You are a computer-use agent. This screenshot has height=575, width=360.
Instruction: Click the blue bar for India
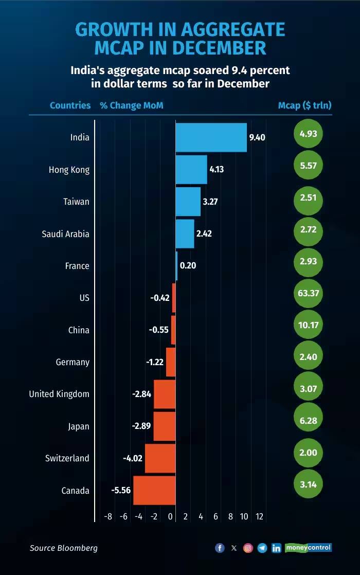pos(211,137)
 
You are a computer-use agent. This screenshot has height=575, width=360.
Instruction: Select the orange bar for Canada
pos(154,490)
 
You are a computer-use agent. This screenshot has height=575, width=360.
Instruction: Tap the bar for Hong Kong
pos(191,169)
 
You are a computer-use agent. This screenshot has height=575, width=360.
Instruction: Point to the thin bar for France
pos(176,266)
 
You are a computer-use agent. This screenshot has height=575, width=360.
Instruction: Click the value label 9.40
pos(257,137)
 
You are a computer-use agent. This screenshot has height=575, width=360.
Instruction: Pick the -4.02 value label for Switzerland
pos(133,458)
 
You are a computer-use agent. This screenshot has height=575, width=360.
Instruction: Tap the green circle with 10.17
pos(308,325)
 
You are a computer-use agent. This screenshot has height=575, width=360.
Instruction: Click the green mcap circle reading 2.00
pos(308,453)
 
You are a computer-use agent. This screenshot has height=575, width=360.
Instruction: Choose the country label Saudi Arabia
pos(65,234)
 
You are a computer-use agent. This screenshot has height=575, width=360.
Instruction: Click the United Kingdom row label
pos(59,394)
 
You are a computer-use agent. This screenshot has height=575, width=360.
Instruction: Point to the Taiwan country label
pos(76,202)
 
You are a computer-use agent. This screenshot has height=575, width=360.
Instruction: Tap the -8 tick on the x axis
pos(108,516)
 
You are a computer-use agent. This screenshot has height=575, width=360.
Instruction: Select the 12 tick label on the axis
pos(260,516)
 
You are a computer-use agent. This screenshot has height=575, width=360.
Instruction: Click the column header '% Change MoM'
pos(132,105)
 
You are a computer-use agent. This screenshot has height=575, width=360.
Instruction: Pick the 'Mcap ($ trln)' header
pos(305,105)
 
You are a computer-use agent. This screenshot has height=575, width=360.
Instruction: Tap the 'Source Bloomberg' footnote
pos(63,548)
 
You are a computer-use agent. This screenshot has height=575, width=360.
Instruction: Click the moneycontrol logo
pos(308,548)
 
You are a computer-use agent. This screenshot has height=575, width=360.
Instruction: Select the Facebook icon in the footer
pos(220,548)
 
